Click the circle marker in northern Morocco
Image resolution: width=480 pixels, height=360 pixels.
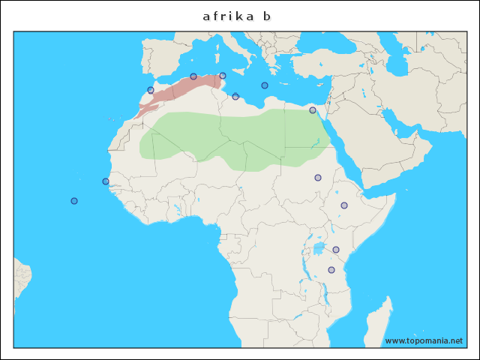coord(151,90)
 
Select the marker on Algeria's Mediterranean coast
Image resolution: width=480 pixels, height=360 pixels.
coord(193,76)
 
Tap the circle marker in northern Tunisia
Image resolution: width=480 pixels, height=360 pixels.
coord(223,76)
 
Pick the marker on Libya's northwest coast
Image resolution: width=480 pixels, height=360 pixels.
coord(235,96)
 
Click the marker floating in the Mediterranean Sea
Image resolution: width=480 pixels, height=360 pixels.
coord(265,85)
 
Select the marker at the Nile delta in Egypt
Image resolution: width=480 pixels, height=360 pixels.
coord(313,110)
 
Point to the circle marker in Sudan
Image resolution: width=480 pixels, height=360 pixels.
coord(318,178)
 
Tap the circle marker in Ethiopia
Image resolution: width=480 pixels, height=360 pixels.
coord(344,205)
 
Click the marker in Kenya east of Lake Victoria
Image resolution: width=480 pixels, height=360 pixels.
coord(336,250)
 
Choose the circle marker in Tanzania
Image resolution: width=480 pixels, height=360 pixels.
coord(331,270)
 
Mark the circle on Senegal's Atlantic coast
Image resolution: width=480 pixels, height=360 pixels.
coord(106,181)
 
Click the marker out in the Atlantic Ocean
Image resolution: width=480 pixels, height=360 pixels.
coord(74,201)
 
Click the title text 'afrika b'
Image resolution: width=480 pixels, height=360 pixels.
coord(236,16)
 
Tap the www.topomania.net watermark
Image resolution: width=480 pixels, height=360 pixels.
coord(424,340)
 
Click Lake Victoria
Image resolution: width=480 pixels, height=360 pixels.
coord(319,248)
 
